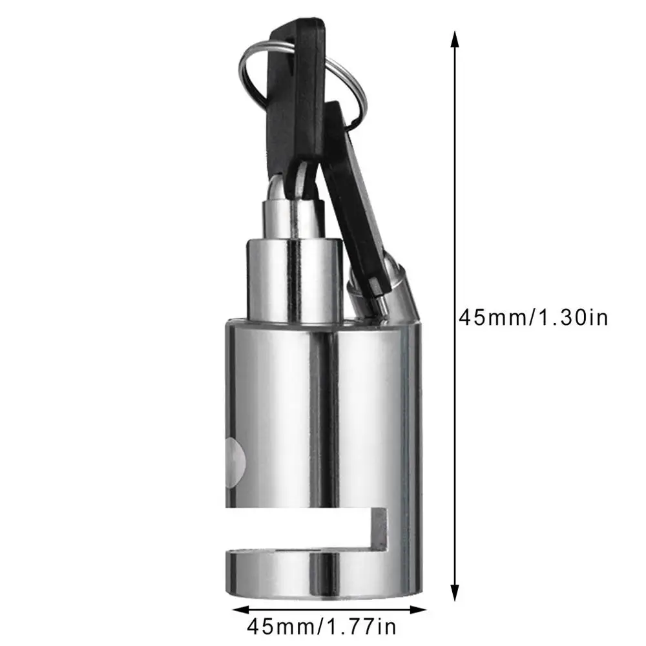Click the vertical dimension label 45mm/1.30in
point(533,317)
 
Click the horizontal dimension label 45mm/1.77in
point(322,625)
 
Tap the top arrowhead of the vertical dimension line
point(455,40)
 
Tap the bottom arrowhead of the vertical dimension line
point(455,595)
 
